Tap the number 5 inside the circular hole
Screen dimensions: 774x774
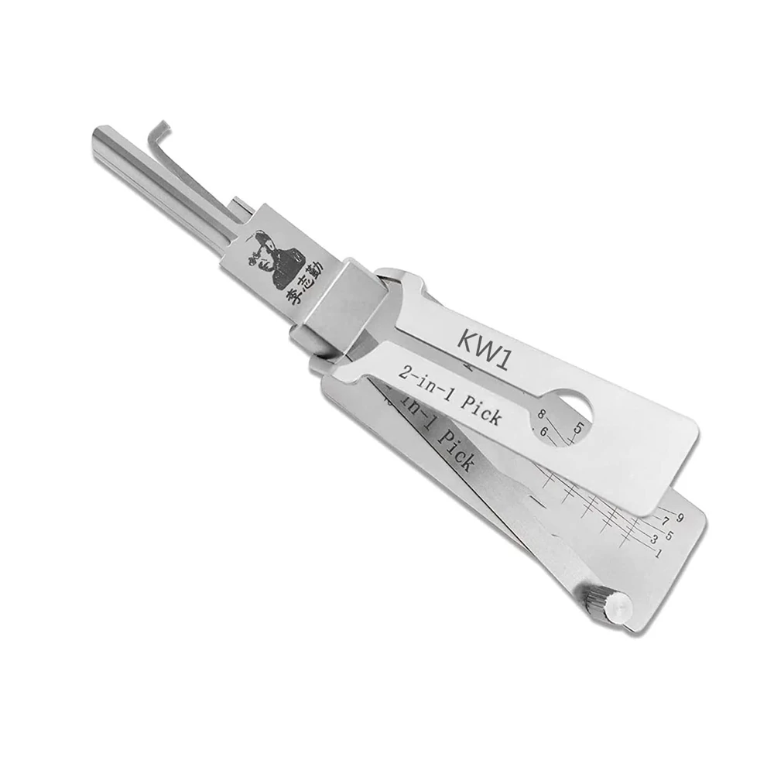(x=578, y=426)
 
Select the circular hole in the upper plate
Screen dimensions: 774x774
(x=573, y=408)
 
